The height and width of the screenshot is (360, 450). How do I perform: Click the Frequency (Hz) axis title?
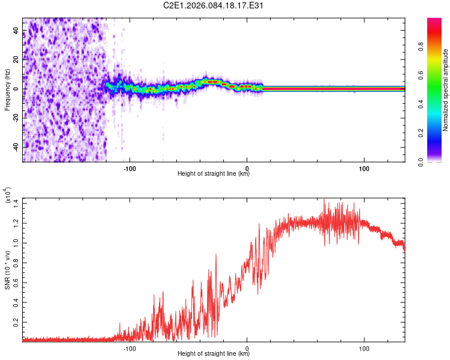pos(7,90)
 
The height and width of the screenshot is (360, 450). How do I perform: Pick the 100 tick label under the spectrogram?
pos(364,169)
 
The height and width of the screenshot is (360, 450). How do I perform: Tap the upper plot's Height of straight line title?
pos(214,175)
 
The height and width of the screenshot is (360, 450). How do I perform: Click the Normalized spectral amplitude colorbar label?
pos(446,90)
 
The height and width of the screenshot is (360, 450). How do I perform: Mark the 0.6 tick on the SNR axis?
pos(16,282)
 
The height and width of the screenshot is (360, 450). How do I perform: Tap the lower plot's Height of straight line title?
pos(214,354)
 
